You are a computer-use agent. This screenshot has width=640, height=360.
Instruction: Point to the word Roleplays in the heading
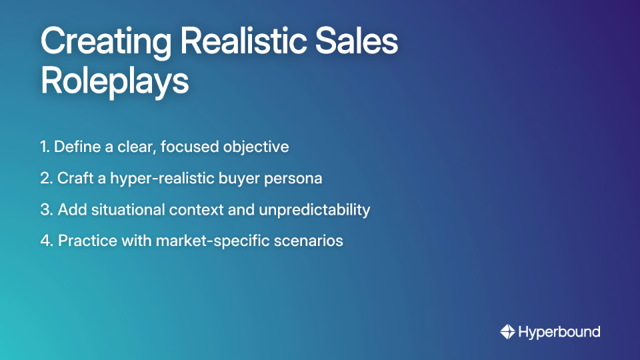115,81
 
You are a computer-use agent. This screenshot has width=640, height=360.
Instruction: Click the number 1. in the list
45,147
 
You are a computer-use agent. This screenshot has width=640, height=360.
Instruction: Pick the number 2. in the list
46,178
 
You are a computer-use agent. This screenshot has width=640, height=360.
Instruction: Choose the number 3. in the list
46,209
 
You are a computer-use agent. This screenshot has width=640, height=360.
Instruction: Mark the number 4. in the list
47,241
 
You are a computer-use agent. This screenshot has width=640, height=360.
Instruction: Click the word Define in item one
75,147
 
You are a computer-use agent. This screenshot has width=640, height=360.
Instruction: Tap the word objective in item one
258,147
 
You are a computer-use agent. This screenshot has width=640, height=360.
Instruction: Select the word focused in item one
193,147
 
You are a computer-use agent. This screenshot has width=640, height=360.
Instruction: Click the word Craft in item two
75,178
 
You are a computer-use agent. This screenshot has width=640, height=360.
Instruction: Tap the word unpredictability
313,210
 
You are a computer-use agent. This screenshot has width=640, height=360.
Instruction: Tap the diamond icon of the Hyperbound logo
507,332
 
